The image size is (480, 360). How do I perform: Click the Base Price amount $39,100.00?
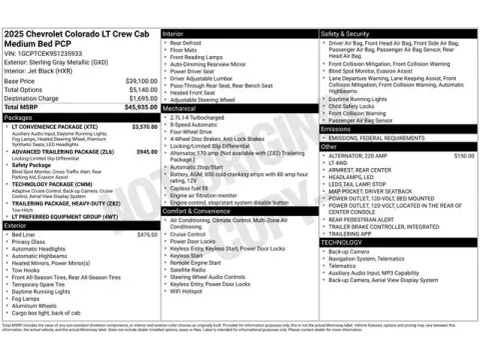click(141, 81)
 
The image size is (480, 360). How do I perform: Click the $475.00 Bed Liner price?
click(146, 234)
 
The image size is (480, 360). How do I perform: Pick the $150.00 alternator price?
click(464, 156)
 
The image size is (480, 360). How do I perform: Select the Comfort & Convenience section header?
click(203, 211)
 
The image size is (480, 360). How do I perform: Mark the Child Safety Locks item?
click(355, 104)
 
